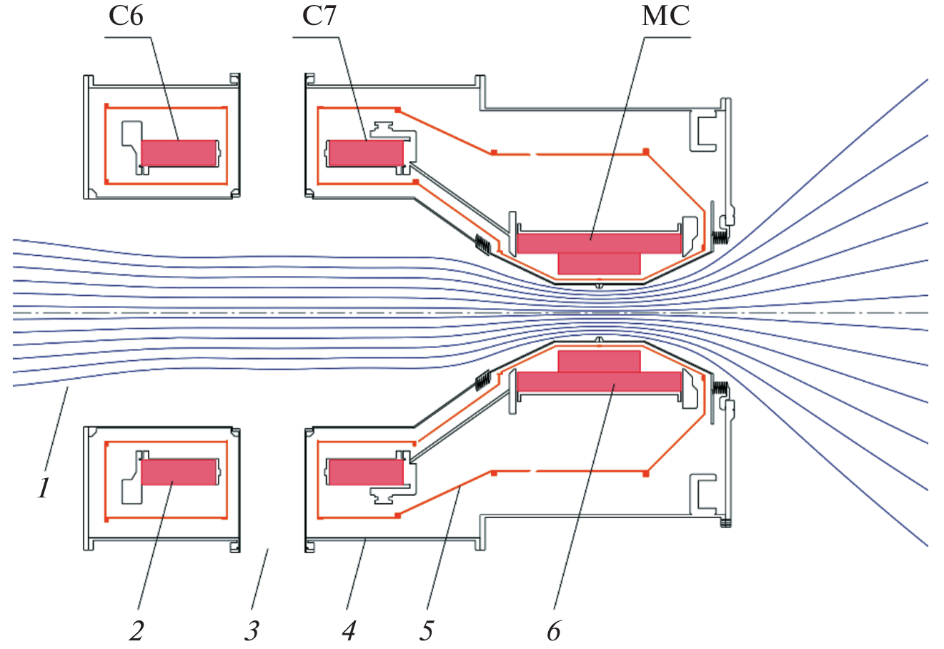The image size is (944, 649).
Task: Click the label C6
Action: (126, 16)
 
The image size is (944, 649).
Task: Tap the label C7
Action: (319, 16)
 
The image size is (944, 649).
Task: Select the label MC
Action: (665, 16)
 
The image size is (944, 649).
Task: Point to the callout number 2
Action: (136, 630)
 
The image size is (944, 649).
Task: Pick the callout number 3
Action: (251, 630)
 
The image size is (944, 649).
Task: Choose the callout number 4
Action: (349, 630)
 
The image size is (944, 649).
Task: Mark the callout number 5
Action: (426, 630)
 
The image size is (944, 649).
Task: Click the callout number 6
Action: (554, 630)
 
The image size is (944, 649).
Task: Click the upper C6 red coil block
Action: (179, 153)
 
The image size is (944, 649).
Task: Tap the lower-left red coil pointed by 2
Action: (179, 472)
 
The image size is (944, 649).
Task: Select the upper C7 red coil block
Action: (365, 153)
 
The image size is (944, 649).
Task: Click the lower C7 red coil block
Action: (365, 472)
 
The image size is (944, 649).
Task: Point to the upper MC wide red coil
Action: (599, 243)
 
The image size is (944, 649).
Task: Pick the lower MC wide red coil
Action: (599, 382)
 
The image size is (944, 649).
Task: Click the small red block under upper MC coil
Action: (599, 263)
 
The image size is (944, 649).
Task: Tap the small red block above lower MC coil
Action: (599, 361)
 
